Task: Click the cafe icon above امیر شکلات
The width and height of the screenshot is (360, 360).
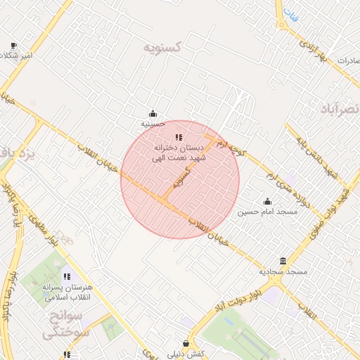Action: tap(13, 45)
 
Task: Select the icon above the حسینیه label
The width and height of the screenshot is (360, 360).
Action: tap(153, 113)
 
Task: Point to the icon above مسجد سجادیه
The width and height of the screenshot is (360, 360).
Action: tap(283, 261)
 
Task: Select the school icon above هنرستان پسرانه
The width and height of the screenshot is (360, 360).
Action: tap(67, 277)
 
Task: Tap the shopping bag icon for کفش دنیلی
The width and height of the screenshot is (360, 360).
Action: tap(186, 344)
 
